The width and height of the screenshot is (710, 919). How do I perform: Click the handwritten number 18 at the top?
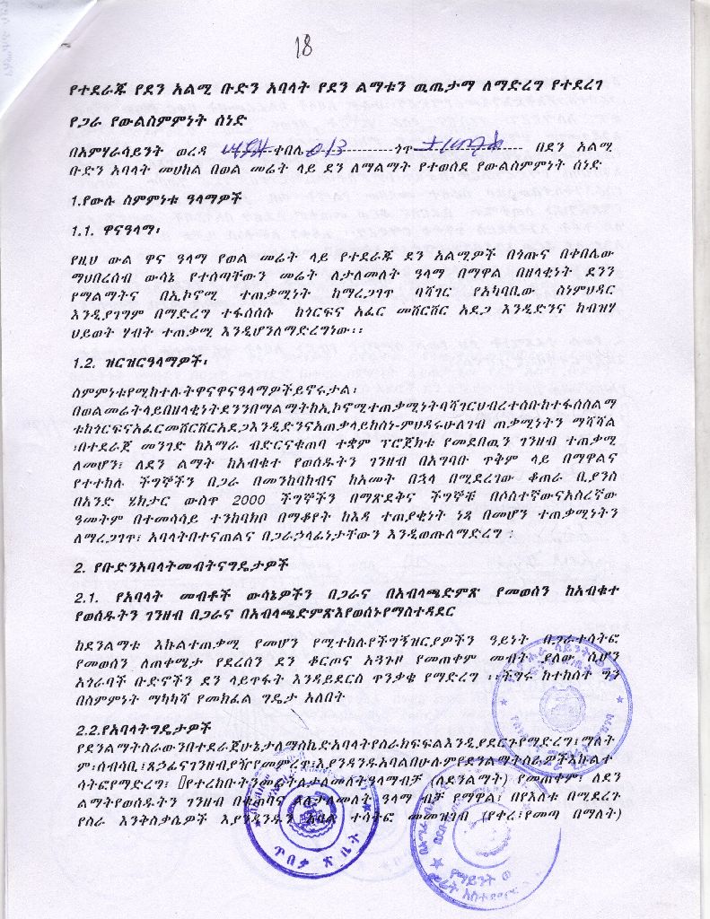click(302, 45)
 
